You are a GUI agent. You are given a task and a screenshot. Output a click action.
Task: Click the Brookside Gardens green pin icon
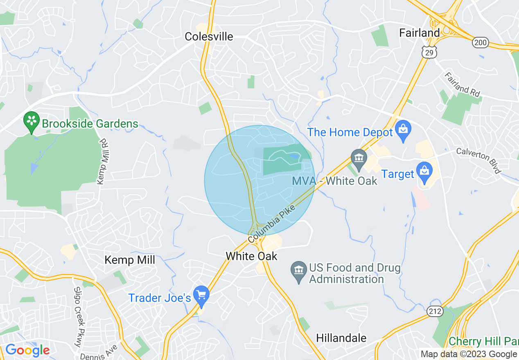(31, 121)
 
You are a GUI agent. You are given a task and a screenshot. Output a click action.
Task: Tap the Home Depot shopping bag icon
(403, 130)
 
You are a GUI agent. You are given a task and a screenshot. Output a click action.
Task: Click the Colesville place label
(209, 36)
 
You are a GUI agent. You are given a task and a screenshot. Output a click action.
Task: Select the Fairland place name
(420, 33)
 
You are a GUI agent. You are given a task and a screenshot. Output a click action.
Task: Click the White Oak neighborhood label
(251, 256)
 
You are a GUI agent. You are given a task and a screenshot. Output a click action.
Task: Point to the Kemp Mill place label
(130, 260)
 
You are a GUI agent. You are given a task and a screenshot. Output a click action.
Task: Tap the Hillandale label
(341, 338)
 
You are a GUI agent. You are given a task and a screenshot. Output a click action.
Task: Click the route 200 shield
(481, 42)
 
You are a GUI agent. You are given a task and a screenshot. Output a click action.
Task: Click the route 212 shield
(435, 311)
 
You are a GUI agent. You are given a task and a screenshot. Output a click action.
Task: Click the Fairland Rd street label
(462, 85)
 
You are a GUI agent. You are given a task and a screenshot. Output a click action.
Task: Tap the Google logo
(27, 350)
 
